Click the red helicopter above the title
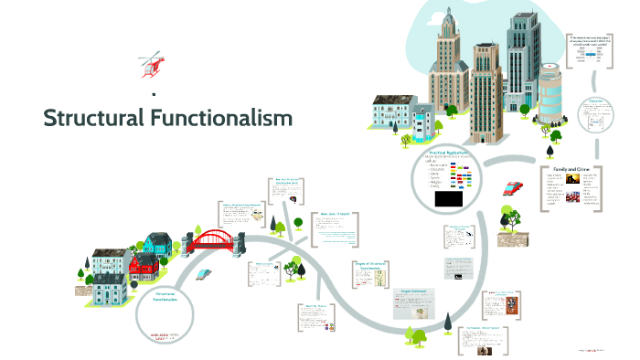(151, 66)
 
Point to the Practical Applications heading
(447, 151)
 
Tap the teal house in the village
(157, 242)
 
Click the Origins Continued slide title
(414, 291)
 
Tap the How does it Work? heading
(336, 214)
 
